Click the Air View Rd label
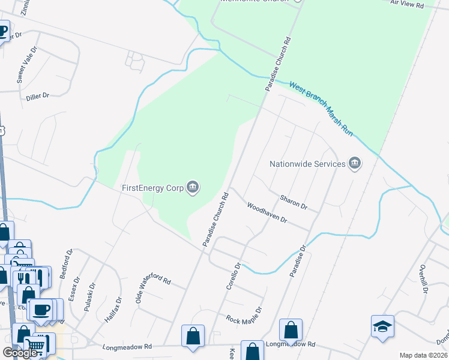407,4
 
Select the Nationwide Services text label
307,164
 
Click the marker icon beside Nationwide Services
355,163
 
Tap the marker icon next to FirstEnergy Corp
193,188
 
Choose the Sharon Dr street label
294,202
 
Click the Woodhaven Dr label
267,213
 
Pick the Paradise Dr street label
298,260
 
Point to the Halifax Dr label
112,310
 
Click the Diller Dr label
37,95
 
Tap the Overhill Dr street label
423,278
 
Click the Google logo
20,353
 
